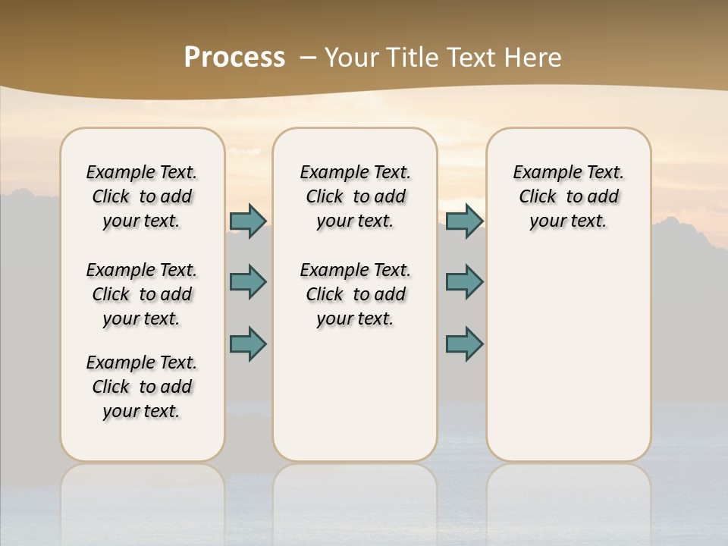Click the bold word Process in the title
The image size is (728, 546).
(234, 58)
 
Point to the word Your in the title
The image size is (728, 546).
(352, 58)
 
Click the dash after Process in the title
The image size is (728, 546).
(308, 58)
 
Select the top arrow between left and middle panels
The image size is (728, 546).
(248, 221)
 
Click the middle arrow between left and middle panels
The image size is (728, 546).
(248, 282)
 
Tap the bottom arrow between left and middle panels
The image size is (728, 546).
(248, 344)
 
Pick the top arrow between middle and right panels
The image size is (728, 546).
(464, 221)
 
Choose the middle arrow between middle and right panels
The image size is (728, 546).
(464, 282)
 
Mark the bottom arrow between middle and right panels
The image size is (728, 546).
(464, 344)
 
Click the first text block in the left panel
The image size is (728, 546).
(142, 196)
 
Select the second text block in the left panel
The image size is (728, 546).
(142, 294)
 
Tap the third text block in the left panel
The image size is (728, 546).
(142, 387)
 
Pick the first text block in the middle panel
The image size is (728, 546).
(356, 196)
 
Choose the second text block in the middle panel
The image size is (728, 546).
(356, 294)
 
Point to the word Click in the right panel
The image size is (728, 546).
(538, 196)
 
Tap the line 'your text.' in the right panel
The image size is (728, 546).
(568, 221)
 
